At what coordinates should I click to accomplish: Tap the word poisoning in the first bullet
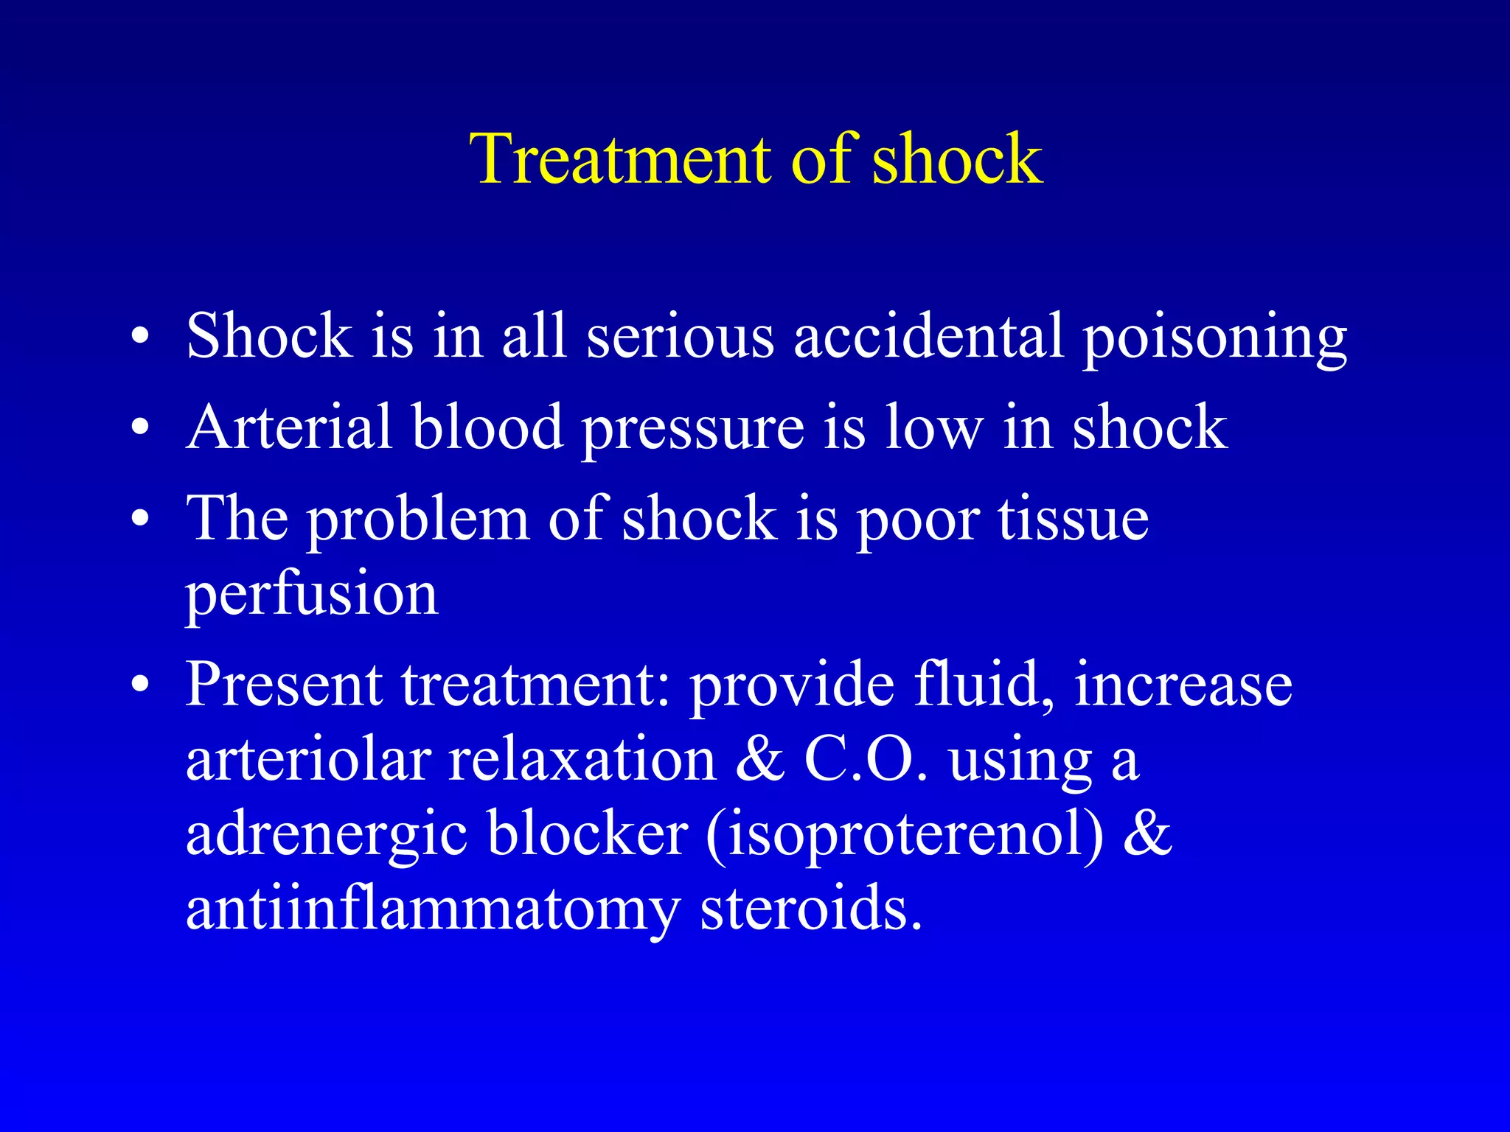click(x=1214, y=338)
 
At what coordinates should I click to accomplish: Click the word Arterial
click(x=288, y=427)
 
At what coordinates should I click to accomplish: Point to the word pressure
click(x=693, y=430)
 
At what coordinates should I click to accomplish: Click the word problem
click(x=418, y=520)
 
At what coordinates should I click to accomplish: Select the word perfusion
click(x=311, y=595)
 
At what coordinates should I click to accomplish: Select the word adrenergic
click(x=327, y=837)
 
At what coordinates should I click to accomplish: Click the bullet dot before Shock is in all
click(x=140, y=338)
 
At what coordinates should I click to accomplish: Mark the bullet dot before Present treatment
click(x=140, y=686)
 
